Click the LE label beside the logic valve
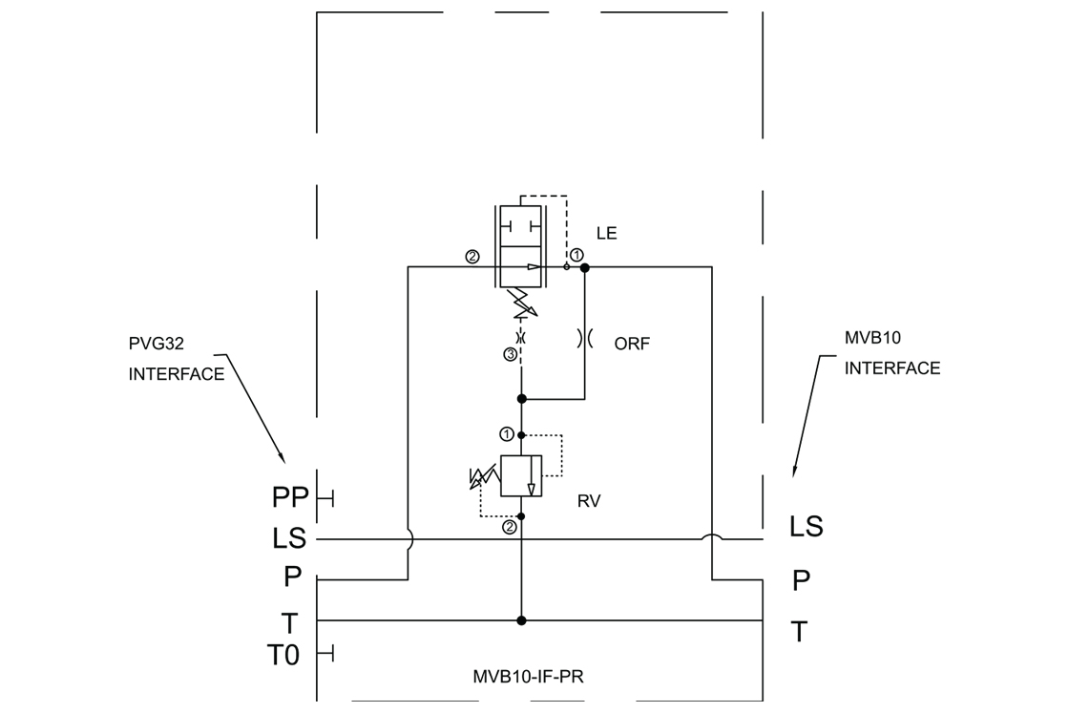tap(606, 233)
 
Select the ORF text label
tap(631, 344)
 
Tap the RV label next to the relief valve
tap(589, 502)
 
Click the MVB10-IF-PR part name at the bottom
tap(529, 677)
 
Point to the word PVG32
tap(157, 344)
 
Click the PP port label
tap(290, 497)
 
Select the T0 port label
tap(283, 655)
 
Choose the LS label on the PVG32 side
tap(290, 538)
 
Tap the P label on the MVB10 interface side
tap(801, 580)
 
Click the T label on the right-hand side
tap(799, 632)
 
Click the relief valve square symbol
tap(521, 475)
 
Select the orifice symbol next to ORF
tap(585, 338)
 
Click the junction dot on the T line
tap(521, 620)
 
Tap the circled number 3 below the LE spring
tap(510, 354)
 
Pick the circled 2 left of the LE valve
tap(472, 257)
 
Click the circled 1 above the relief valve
tap(507, 434)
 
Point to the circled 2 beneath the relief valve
tap(510, 527)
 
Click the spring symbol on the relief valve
tap(485, 476)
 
